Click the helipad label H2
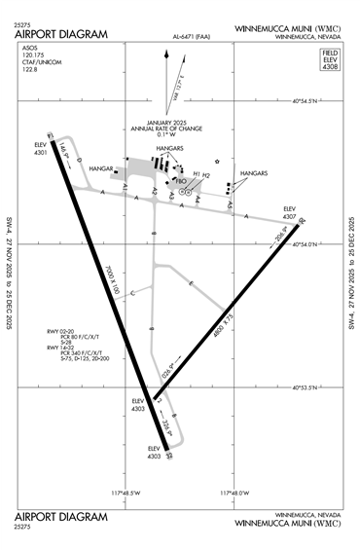(206, 175)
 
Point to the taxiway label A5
(231, 204)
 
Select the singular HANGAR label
(102, 168)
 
